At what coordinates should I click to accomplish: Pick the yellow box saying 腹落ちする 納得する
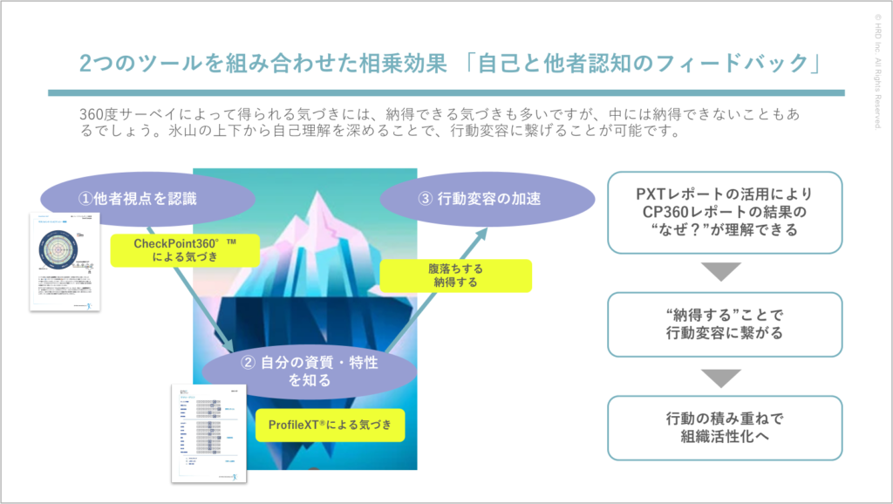click(456, 276)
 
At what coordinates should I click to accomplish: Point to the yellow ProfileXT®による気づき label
click(331, 426)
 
